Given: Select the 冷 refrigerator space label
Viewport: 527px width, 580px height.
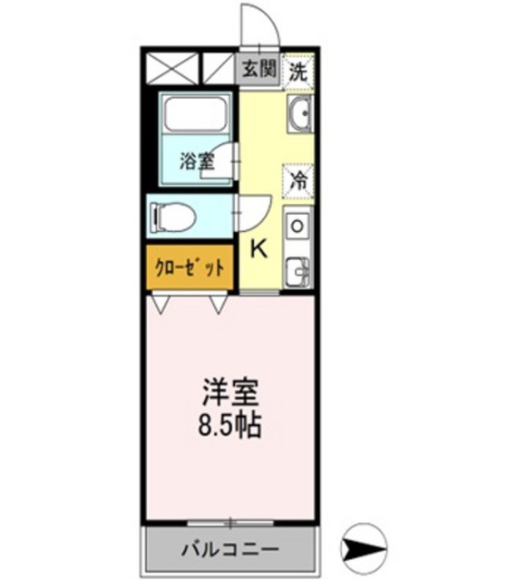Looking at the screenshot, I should pyautogui.click(x=298, y=179).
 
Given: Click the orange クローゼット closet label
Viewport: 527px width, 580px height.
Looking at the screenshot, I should pyautogui.click(x=190, y=268).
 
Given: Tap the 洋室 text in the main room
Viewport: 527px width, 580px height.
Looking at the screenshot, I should pyautogui.click(x=230, y=394).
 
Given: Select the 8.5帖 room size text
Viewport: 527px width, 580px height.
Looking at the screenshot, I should pyautogui.click(x=230, y=425).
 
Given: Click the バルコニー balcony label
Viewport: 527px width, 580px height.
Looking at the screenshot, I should pyautogui.click(x=229, y=549).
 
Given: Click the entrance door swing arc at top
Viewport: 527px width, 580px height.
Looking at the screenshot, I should pyautogui.click(x=260, y=22).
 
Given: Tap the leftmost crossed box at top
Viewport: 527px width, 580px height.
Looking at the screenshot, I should pyautogui.click(x=171, y=68).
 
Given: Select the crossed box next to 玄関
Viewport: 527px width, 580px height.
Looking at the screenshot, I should pyautogui.click(x=217, y=68).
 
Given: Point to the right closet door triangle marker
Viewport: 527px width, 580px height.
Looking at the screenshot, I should pyautogui.click(x=219, y=305).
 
